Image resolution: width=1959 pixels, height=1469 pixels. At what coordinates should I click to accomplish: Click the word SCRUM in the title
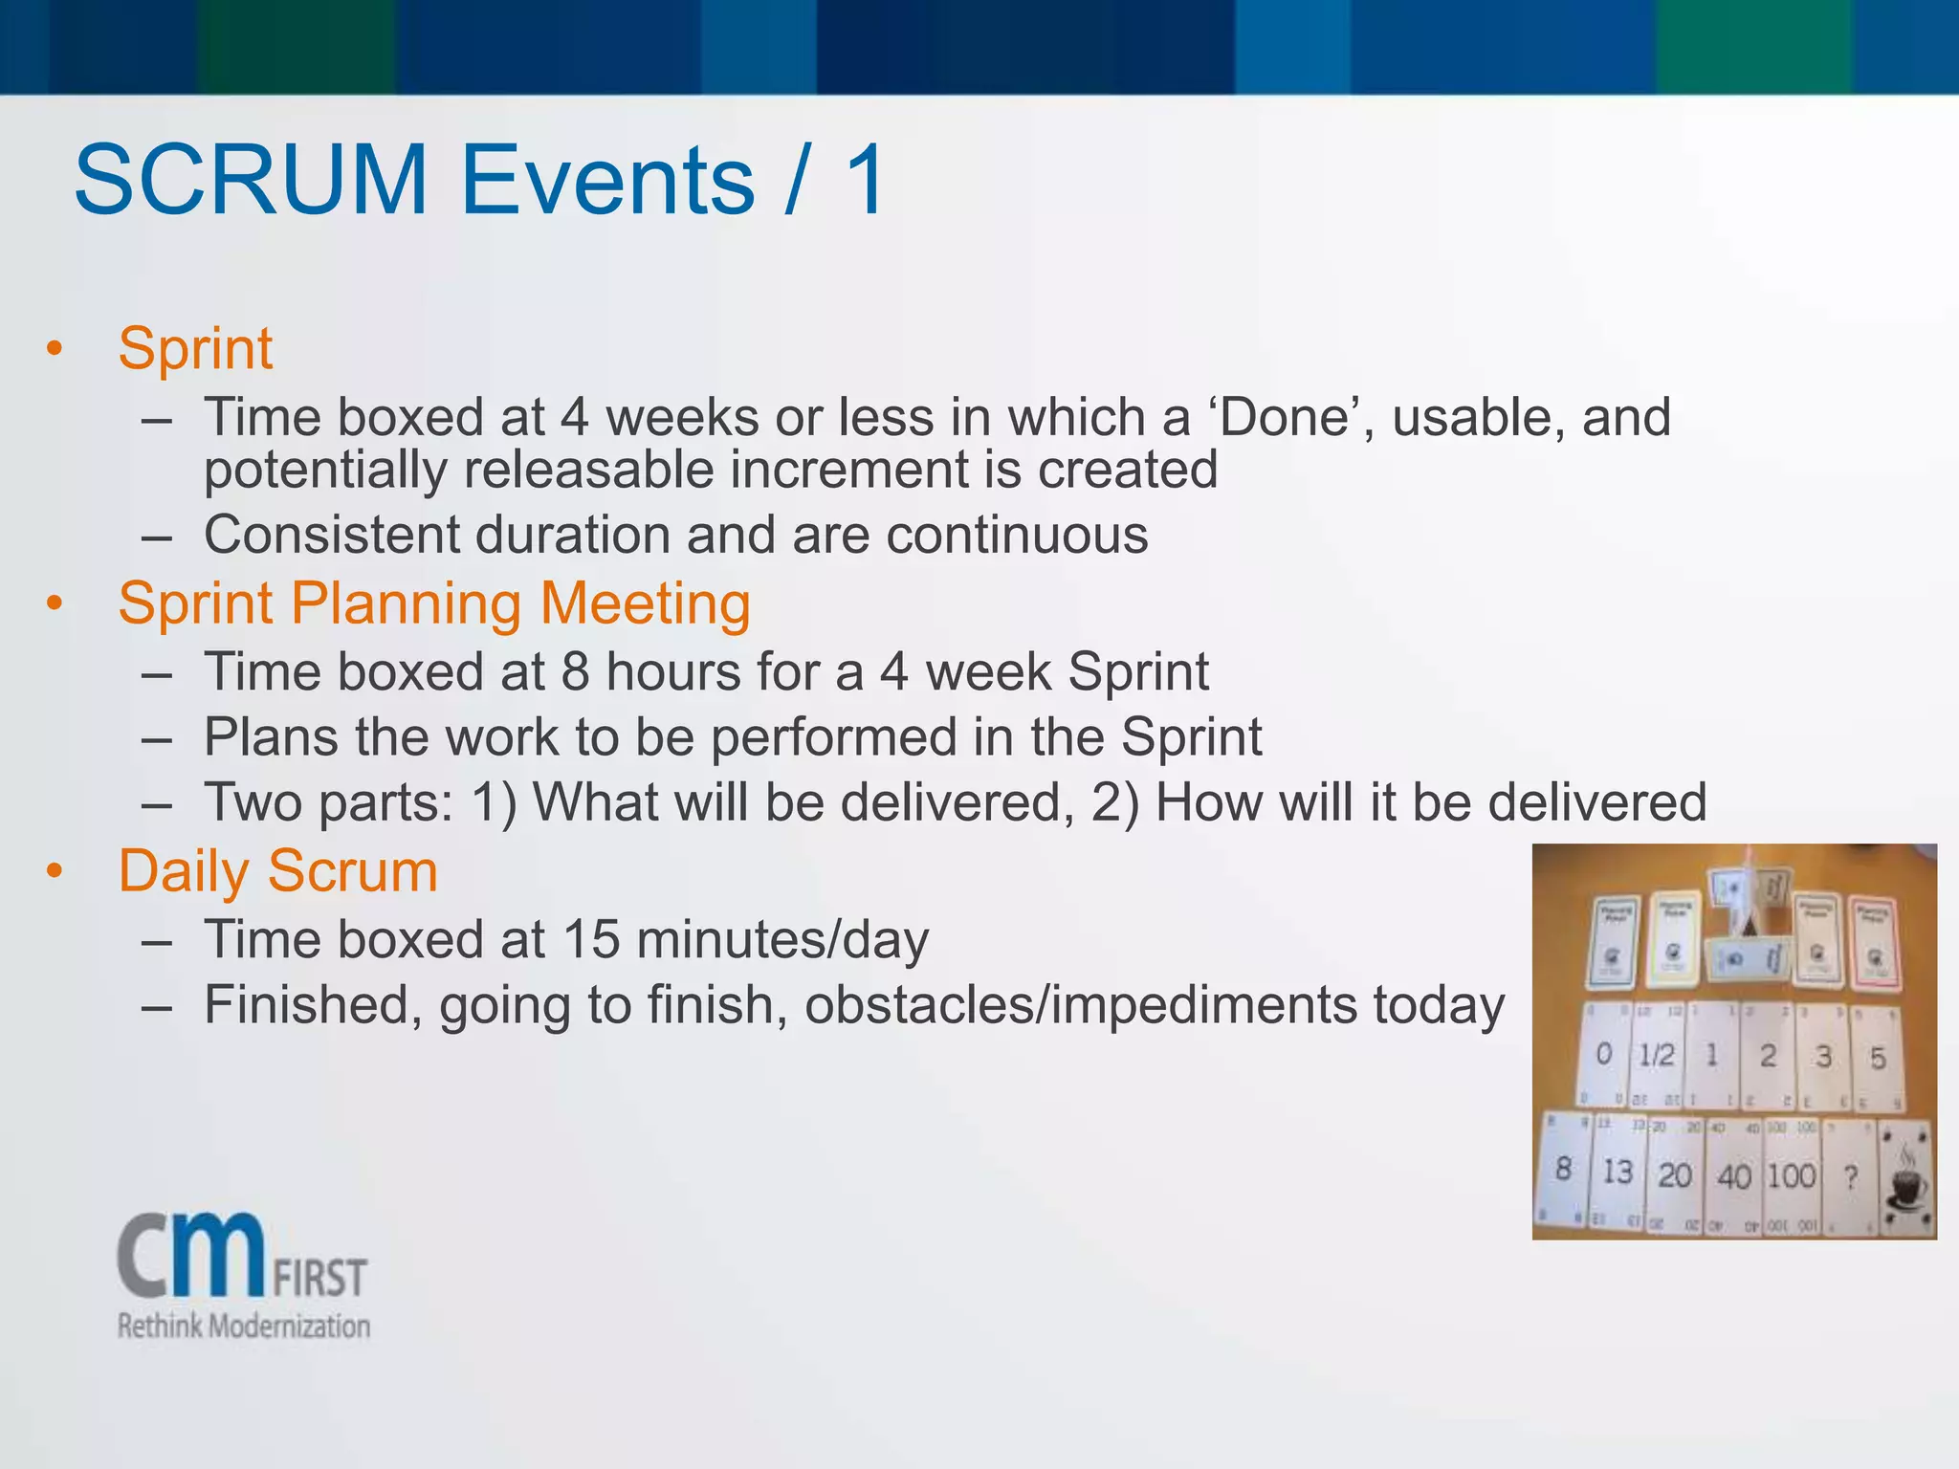click(x=251, y=180)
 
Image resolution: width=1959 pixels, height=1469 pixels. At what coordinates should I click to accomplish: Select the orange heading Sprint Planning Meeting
click(x=434, y=603)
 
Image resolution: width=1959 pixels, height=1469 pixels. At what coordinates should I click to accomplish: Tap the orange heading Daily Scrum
click(x=277, y=871)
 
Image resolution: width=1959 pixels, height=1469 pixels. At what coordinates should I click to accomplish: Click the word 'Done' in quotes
click(x=1282, y=418)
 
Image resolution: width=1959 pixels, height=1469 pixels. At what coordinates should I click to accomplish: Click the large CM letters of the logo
click(x=191, y=1254)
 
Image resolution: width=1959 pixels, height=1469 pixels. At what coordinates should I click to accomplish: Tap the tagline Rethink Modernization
click(x=244, y=1326)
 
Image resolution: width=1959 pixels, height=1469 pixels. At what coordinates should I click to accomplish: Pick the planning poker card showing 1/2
click(x=1657, y=1056)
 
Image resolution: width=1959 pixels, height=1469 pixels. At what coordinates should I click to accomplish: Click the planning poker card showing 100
click(x=1791, y=1175)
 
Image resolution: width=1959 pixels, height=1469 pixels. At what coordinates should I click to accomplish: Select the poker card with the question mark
click(x=1851, y=1177)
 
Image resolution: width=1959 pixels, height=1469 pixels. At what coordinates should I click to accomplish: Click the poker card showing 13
click(x=1618, y=1172)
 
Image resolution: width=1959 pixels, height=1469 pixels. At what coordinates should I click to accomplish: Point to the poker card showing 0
click(x=1604, y=1054)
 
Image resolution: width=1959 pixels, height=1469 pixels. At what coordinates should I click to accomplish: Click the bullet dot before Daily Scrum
click(x=55, y=871)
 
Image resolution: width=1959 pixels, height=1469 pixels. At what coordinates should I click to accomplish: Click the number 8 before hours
click(x=575, y=671)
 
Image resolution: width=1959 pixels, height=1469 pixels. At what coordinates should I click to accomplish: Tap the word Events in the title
click(x=608, y=180)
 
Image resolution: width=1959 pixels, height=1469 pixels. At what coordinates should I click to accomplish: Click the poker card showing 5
click(x=1878, y=1058)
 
